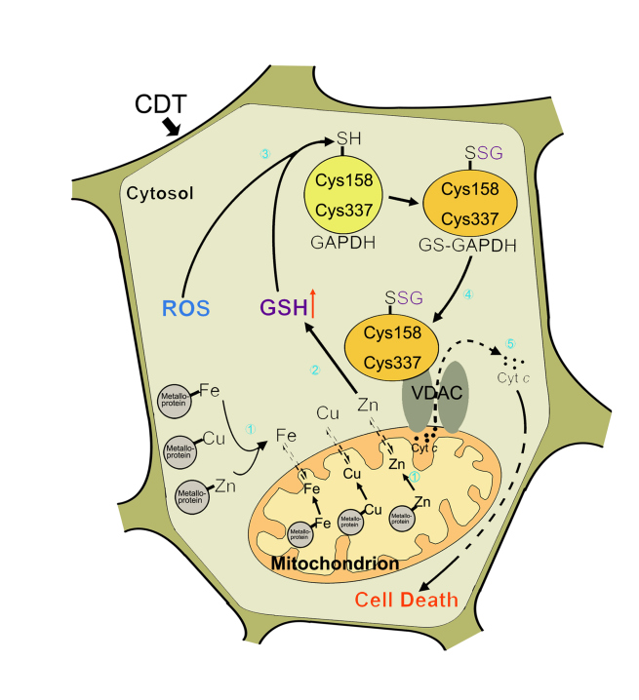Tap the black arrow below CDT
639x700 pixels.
(172, 126)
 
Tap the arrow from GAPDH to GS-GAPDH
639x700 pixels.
(402, 201)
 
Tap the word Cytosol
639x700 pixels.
(159, 193)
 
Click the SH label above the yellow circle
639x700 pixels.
(346, 138)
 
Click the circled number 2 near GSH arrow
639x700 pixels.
(315, 369)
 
